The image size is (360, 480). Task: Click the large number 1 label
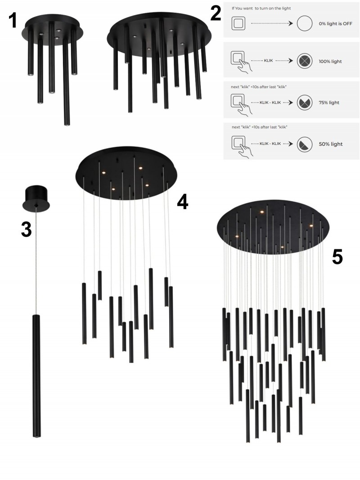coord(12,20)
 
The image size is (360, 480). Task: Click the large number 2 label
coord(216,13)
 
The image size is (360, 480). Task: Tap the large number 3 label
coord(27,229)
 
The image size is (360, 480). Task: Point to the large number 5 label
coord(337,256)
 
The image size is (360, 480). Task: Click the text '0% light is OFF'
coord(335,23)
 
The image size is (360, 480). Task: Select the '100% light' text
coord(330,61)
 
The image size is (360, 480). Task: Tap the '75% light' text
coord(329,103)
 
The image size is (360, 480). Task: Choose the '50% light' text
coord(331,144)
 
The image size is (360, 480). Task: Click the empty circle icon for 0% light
coord(305,23)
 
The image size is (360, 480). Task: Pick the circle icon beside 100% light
coord(305,61)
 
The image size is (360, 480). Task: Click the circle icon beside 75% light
coord(305,103)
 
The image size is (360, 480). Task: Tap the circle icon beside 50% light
coord(305,144)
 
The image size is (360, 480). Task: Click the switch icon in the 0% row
coord(238,23)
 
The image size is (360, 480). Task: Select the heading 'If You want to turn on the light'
coord(261,8)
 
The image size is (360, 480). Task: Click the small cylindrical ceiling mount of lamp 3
coord(36,198)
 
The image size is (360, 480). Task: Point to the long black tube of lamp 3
coord(36,376)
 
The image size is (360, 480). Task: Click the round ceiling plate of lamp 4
coord(126,173)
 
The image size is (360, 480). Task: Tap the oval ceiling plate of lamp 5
coord(273,228)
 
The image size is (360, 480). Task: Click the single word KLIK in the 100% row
coord(268,61)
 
